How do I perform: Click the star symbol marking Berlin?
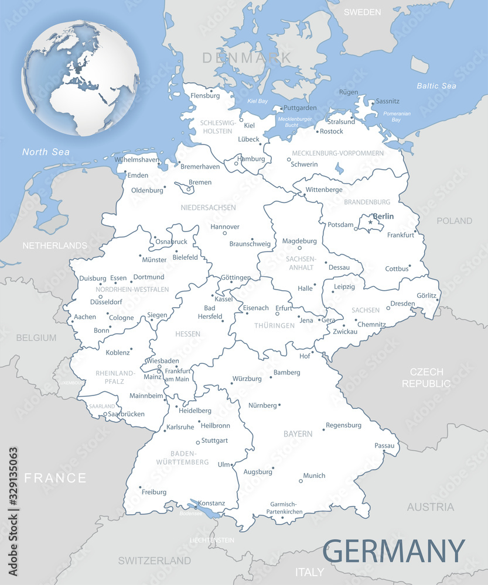tap(370, 222)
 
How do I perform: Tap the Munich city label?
tap(314, 476)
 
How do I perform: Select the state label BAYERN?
tap(298, 434)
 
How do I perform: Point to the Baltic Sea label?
tap(436, 86)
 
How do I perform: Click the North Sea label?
tap(46, 152)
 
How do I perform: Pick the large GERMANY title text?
tap(394, 551)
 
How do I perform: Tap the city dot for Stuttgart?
tap(198, 443)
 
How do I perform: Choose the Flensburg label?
tap(205, 95)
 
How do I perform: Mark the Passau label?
tap(384, 446)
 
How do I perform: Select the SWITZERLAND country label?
tap(155, 560)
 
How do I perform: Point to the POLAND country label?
tap(454, 221)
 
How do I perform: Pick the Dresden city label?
tap(402, 304)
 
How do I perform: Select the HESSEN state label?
tap(187, 334)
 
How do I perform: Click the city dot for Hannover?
tap(224, 233)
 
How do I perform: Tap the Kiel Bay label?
tap(257, 101)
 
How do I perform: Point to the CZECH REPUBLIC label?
tap(426, 378)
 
